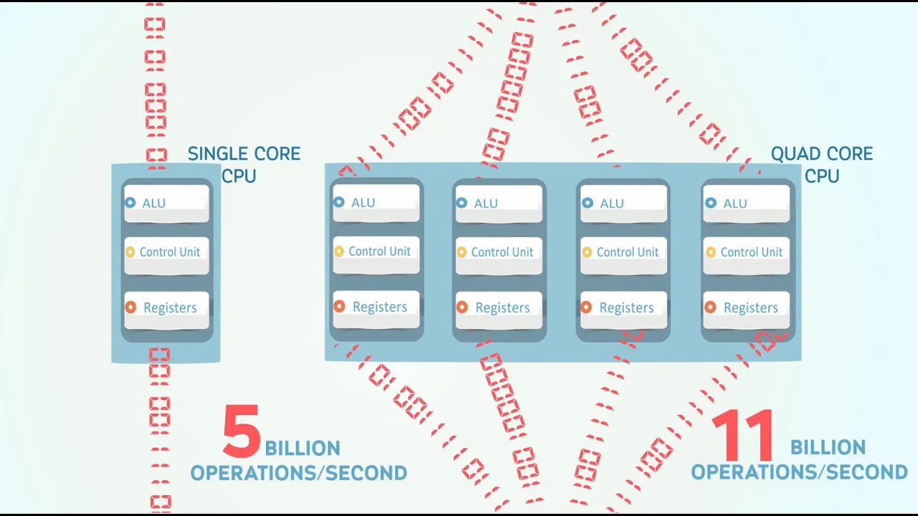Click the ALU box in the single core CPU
(x=166, y=203)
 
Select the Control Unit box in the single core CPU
(x=166, y=256)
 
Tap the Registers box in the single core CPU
(x=166, y=310)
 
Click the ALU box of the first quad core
(x=377, y=203)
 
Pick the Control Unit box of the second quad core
(x=498, y=256)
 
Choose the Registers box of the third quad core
(x=624, y=310)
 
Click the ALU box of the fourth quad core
(x=747, y=204)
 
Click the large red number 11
(x=742, y=435)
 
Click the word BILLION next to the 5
(x=303, y=449)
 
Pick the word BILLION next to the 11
(x=828, y=447)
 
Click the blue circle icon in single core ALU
(x=131, y=202)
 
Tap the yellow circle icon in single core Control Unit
(x=131, y=252)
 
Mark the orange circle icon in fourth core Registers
(x=710, y=307)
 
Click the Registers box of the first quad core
(x=377, y=309)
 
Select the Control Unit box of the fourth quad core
(x=747, y=256)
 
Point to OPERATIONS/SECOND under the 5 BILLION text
(x=299, y=473)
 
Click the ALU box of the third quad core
(x=624, y=204)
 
